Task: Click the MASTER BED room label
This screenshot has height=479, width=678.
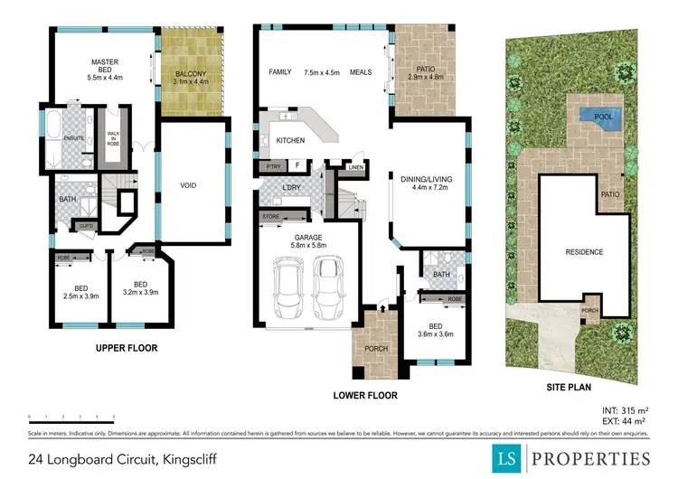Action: point(106,62)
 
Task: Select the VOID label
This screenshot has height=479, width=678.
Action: point(189,186)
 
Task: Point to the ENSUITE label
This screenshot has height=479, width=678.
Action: point(74,137)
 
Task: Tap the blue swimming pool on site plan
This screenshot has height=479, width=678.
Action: point(598,115)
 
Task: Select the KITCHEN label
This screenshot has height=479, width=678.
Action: point(289,141)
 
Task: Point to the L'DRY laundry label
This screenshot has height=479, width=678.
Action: point(292,188)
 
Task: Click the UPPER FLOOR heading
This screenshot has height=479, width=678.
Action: point(127,348)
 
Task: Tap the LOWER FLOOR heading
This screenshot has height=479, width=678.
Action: point(364,395)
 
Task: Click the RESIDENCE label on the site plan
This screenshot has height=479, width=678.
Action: point(583,251)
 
